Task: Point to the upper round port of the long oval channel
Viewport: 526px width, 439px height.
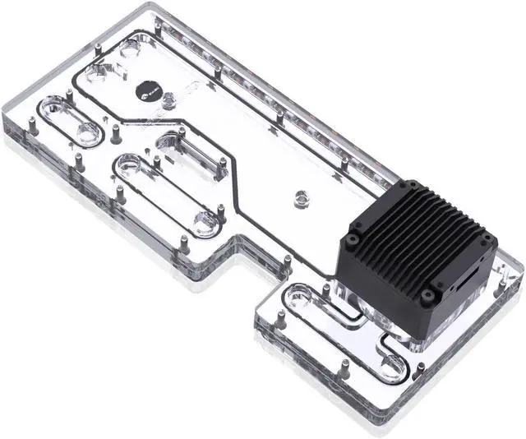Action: click(132, 165)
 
